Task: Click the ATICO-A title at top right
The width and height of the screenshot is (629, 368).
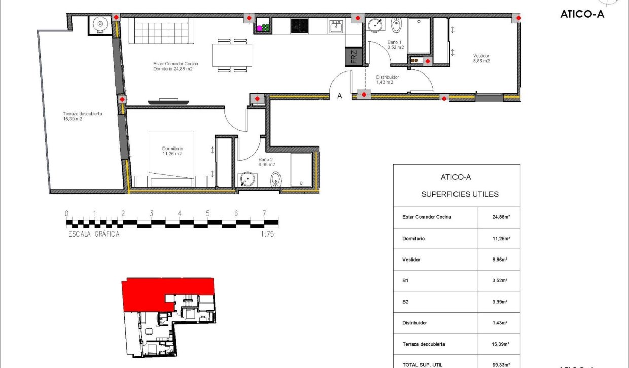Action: (582, 14)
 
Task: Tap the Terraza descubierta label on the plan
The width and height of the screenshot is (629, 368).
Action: (82, 116)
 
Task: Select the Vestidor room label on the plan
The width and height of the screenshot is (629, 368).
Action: (481, 58)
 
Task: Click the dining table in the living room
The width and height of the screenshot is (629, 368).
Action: (232, 55)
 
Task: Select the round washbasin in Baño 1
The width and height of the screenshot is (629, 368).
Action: (375, 25)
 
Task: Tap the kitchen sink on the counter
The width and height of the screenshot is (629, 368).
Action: (336, 26)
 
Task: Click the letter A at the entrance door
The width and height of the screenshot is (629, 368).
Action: (340, 95)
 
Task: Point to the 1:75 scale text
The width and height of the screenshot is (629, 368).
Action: (267, 234)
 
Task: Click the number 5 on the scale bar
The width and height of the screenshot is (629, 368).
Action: (207, 213)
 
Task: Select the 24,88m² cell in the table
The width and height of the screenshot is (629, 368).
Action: (499, 217)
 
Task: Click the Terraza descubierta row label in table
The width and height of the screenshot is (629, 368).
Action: (424, 344)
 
